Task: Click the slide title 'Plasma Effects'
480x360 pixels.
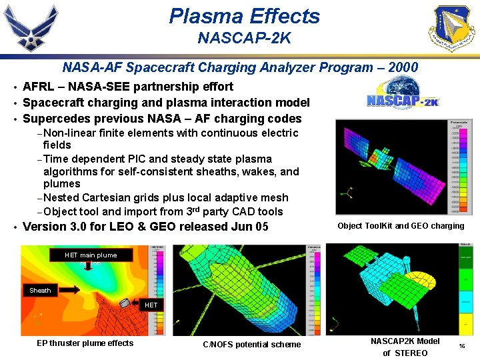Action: (x=244, y=16)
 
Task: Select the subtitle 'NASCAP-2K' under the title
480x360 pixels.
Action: (x=244, y=38)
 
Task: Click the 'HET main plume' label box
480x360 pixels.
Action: (x=91, y=255)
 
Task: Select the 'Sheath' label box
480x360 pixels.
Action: (x=40, y=290)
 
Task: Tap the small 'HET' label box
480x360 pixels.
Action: (x=151, y=305)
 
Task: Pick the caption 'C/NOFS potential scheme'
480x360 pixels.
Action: (x=251, y=345)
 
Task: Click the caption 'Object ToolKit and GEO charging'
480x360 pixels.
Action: (x=401, y=225)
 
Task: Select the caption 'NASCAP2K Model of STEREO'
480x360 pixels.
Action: (x=405, y=347)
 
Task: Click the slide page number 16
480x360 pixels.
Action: (x=462, y=347)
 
